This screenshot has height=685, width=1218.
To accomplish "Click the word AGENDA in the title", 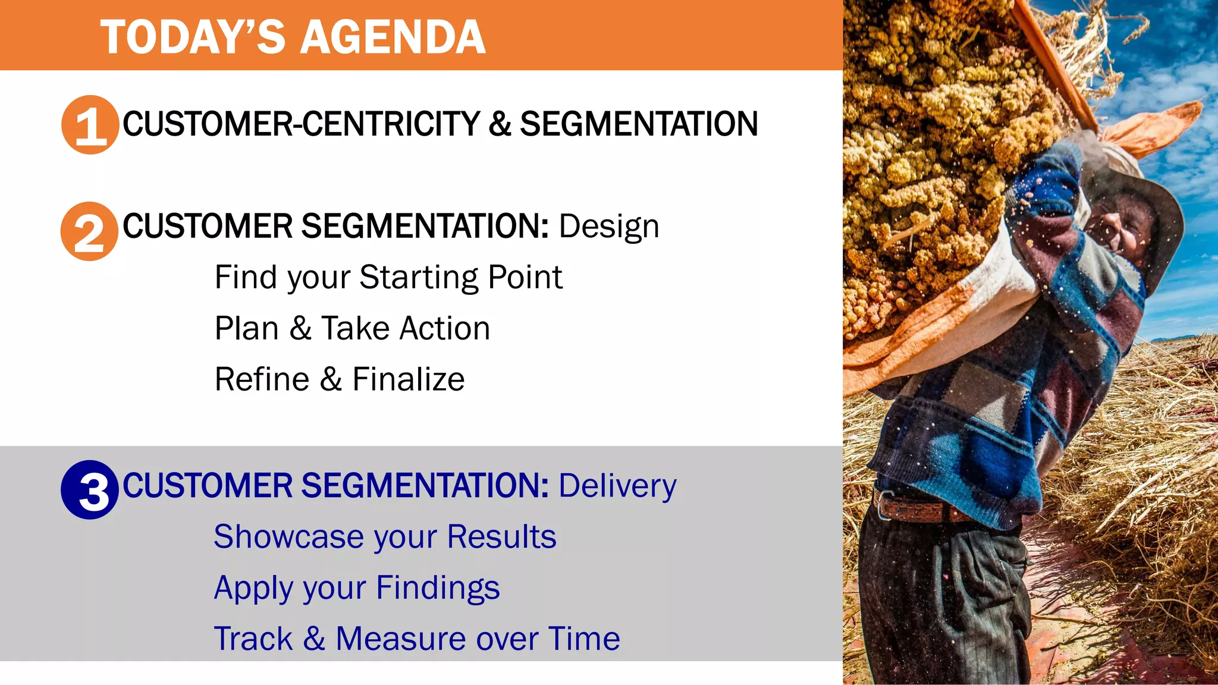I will point(393,37).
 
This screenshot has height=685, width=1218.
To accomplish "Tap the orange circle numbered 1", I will point(90,125).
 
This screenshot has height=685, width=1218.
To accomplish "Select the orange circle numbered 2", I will point(89,231).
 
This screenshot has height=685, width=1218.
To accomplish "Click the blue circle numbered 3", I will point(90,490).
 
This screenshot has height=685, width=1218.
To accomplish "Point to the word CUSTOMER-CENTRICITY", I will point(300,124).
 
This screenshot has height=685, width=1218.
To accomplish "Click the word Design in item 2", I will point(608,227).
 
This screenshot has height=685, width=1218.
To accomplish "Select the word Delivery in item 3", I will point(617,486).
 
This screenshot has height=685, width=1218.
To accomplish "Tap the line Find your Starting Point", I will point(388,277).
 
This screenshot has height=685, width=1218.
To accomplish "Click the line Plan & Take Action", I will point(352,328).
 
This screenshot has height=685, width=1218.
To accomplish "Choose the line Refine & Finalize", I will point(339,379).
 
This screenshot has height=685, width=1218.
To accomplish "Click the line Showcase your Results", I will point(385,537).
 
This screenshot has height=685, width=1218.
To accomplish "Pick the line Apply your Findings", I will point(357,588).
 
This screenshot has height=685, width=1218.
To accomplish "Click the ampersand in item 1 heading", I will point(500,124).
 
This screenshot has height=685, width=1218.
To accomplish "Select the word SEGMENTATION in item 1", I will point(639,124).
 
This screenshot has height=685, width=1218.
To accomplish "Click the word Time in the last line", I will point(583,639).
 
